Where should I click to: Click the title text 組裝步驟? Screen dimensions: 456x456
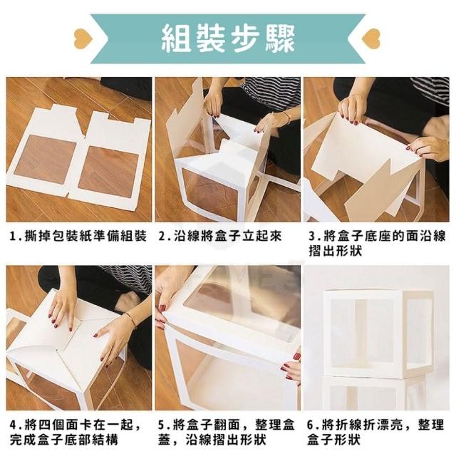click(x=228, y=38)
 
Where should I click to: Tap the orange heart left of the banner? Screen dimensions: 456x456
click(x=83, y=38)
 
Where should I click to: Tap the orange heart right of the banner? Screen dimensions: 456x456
click(x=370, y=38)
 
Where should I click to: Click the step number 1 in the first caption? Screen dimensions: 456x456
click(x=13, y=236)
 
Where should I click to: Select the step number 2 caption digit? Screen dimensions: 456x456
click(x=162, y=236)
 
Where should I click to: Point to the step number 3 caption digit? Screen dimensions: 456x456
click(x=312, y=236)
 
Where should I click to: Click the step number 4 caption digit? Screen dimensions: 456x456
click(x=14, y=425)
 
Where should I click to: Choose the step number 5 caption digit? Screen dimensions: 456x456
click(x=162, y=425)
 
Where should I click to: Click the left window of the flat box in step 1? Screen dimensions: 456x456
click(x=46, y=160)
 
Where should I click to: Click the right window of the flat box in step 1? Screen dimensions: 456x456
click(x=109, y=172)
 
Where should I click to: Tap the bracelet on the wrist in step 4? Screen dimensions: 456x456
click(x=130, y=320)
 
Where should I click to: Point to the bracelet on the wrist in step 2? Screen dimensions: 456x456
click(x=286, y=117)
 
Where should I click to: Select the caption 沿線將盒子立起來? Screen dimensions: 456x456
click(x=228, y=236)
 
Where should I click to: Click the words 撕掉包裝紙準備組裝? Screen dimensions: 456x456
click(x=85, y=236)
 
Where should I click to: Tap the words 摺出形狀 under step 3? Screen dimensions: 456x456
click(x=336, y=251)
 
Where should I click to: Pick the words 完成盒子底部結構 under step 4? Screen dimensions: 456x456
click(x=64, y=440)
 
